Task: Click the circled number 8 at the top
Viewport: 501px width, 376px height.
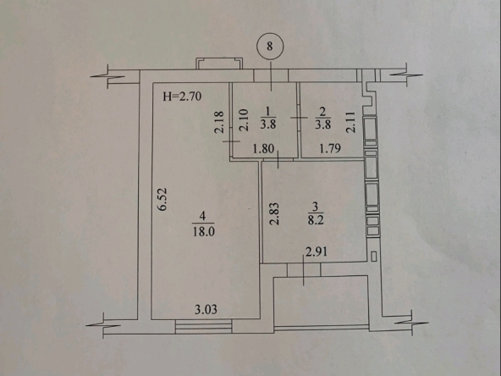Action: [270, 47]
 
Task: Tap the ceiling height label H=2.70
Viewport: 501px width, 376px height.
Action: [182, 96]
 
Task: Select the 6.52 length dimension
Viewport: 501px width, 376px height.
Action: [163, 199]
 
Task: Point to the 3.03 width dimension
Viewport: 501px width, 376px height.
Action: [206, 309]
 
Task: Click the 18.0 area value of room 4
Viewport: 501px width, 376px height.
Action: [203, 231]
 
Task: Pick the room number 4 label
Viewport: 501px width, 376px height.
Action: [202, 216]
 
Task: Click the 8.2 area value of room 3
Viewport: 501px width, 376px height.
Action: [316, 221]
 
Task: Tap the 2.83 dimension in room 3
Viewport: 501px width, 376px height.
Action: [275, 213]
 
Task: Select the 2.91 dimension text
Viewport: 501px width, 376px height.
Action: [317, 252]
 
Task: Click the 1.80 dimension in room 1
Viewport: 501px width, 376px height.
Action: [263, 149]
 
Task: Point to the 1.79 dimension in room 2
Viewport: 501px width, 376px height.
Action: [330, 148]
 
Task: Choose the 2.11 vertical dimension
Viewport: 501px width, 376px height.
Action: [350, 122]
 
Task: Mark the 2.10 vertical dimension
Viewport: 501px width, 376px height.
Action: [244, 120]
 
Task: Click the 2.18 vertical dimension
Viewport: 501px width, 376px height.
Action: [219, 122]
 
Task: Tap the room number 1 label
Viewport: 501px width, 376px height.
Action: [267, 111]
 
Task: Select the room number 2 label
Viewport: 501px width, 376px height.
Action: [322, 111]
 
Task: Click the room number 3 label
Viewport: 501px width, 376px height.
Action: [315, 207]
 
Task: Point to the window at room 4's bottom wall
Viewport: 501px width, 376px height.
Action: [203, 326]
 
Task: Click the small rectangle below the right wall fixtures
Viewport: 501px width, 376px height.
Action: [374, 257]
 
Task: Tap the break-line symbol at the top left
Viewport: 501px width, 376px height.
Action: [108, 76]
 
